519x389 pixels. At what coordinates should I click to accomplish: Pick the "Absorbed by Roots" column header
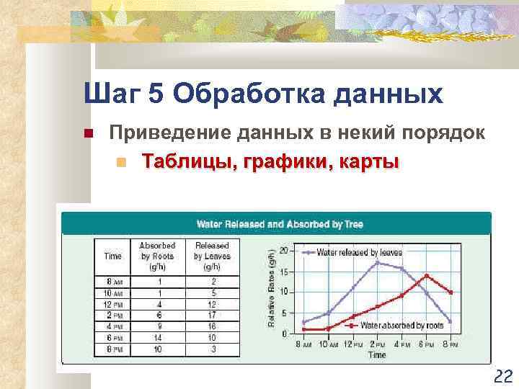(156, 256)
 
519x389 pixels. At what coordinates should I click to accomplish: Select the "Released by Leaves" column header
(212, 256)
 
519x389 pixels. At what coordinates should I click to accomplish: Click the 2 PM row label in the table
(112, 316)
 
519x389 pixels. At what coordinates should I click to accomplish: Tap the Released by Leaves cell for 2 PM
(212, 316)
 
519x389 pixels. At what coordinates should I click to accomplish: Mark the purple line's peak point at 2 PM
(376, 263)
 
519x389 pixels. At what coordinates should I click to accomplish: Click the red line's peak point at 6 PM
(426, 276)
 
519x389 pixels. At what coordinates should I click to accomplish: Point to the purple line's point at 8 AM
(304, 321)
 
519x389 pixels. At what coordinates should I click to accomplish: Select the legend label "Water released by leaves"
(359, 253)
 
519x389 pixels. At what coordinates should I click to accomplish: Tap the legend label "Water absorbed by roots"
(402, 326)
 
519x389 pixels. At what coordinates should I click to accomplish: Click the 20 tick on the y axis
(283, 250)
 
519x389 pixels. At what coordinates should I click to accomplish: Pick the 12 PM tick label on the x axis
(352, 345)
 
